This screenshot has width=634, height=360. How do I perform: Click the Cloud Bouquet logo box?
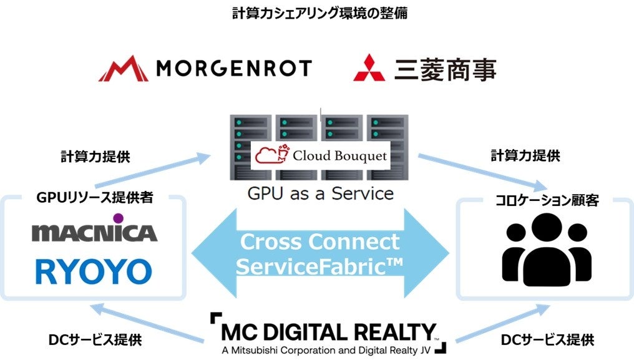(x=319, y=156)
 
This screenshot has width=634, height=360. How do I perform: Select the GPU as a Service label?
(x=319, y=193)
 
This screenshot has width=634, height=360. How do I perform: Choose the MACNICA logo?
(x=95, y=231)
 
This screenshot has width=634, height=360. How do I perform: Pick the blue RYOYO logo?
(x=94, y=271)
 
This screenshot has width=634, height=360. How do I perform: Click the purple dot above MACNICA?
(x=118, y=218)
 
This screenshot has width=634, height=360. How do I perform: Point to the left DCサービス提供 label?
(x=95, y=340)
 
